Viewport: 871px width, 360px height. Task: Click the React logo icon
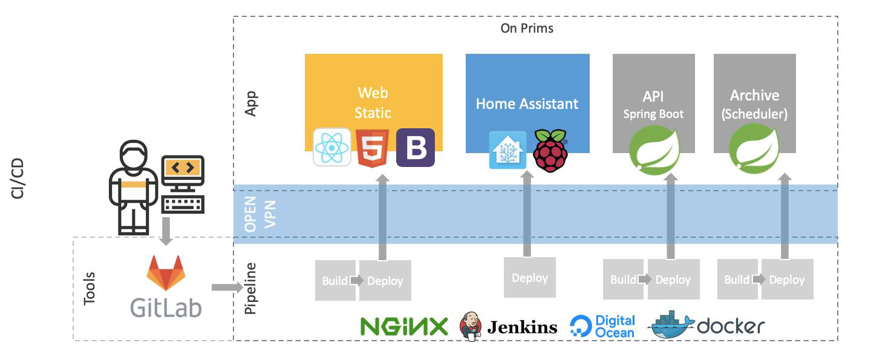[332, 147]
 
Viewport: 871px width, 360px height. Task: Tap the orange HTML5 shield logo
[373, 148]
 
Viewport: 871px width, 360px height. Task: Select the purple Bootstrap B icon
[416, 148]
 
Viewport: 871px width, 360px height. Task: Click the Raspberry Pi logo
[550, 150]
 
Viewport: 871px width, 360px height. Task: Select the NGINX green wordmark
[404, 327]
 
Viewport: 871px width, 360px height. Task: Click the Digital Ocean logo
[602, 326]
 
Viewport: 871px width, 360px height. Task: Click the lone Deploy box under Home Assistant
[529, 278]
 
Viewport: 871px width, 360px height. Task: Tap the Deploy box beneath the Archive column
[786, 280]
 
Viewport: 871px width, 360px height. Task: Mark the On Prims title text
[527, 28]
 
